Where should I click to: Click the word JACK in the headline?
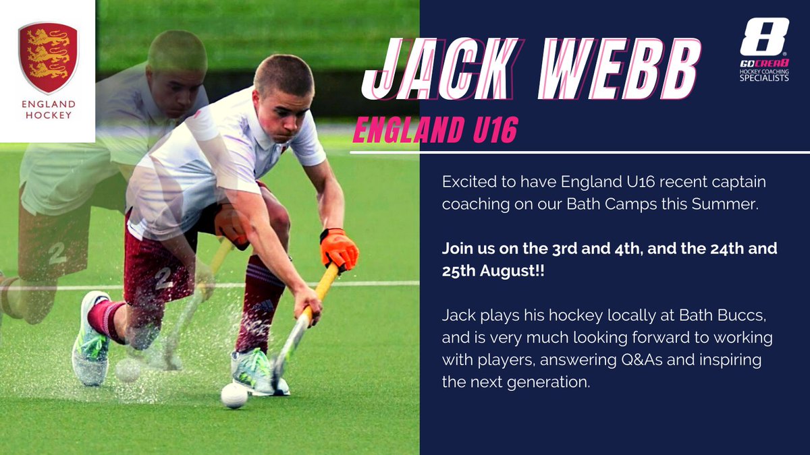(x=431, y=70)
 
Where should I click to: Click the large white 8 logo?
(x=764, y=38)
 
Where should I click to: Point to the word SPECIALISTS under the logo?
(x=764, y=78)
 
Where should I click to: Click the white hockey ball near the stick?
(x=234, y=396)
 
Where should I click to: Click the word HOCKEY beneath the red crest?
(x=48, y=115)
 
